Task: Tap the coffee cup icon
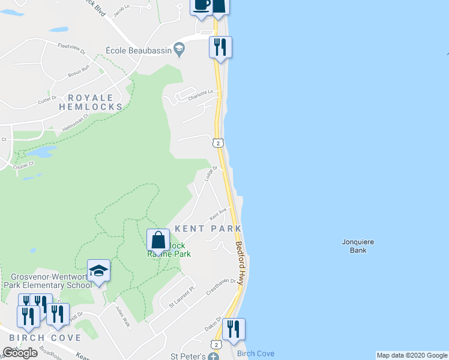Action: (x=201, y=5)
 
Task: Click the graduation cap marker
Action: (x=98, y=271)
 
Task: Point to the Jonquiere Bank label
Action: (x=358, y=245)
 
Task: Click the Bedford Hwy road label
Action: (x=240, y=263)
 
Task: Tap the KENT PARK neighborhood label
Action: (x=208, y=229)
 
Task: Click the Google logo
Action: (x=20, y=352)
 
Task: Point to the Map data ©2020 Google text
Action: (x=411, y=355)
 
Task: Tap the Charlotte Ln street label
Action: (x=202, y=95)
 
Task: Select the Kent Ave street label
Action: (x=217, y=213)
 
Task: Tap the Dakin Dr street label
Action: (x=213, y=324)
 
